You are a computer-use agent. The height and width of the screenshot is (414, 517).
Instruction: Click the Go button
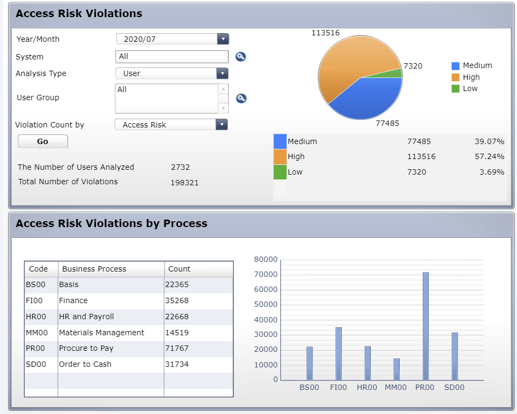point(43,141)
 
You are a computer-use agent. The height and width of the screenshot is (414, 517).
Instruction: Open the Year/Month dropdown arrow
point(223,39)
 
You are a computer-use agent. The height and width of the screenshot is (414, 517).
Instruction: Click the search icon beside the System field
point(241,57)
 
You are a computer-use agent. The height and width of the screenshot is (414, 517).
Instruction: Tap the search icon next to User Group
point(241,98)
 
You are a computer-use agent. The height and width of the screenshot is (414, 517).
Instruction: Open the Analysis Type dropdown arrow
point(222,73)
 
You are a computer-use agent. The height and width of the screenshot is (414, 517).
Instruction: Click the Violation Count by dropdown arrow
point(222,125)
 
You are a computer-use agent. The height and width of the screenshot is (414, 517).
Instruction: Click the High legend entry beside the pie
point(466,77)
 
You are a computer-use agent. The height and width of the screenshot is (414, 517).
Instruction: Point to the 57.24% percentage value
point(489,156)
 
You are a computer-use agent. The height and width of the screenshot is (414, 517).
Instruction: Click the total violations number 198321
point(185,183)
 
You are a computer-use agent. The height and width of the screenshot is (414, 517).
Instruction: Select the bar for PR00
point(426,326)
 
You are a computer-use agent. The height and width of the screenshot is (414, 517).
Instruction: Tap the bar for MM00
point(396,369)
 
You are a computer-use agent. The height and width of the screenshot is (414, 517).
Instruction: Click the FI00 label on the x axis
point(338,387)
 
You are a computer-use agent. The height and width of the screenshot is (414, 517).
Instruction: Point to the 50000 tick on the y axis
point(266,304)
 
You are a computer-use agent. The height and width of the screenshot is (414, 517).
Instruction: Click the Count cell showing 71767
point(177,348)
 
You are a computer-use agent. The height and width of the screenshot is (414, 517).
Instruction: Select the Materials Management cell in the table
point(102,333)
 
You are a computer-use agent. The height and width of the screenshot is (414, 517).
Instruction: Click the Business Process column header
point(94,269)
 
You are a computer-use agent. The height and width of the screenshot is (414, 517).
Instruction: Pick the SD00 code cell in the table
point(36,364)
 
